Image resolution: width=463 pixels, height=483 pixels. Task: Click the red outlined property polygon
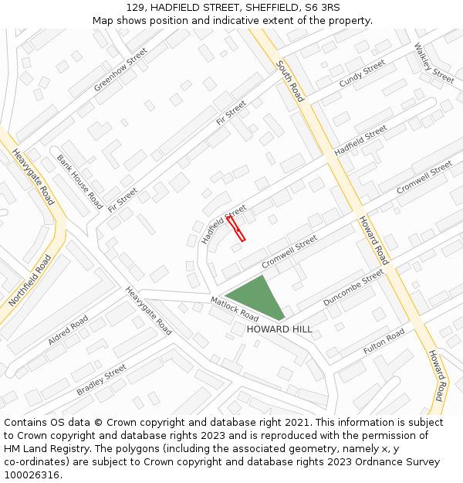click(x=236, y=229)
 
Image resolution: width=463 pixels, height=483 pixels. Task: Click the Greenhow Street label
click(x=120, y=70)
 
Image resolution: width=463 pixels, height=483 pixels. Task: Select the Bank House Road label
click(x=79, y=182)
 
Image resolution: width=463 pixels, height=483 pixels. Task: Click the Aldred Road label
click(x=69, y=328)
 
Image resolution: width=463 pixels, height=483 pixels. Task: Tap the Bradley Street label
click(x=101, y=380)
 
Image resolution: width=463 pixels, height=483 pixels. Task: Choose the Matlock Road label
click(x=235, y=308)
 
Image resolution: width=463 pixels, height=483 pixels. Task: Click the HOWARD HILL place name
click(x=279, y=329)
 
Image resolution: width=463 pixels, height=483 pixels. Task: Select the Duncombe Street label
click(x=353, y=287)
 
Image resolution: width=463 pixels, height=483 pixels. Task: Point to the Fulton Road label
click(x=384, y=342)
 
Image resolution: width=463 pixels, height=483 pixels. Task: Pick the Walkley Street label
click(x=434, y=63)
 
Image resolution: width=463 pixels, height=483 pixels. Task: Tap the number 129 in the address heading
click(x=135, y=8)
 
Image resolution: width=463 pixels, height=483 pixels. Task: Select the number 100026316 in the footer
click(x=33, y=474)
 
